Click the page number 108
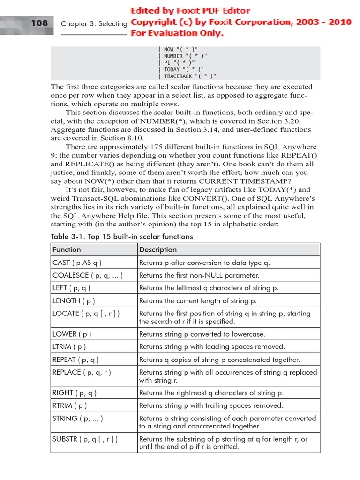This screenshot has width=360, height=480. click(39, 22)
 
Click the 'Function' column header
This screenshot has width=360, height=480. click(67, 249)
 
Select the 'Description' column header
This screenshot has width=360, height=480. click(158, 249)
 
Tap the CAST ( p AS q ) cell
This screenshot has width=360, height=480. click(77, 262)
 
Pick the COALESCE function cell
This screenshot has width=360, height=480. click(88, 275)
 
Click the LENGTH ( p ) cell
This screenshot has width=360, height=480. click(74, 301)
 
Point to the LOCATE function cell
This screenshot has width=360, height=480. click(86, 314)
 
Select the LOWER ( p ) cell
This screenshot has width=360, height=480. click(72, 334)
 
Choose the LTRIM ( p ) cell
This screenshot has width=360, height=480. click(69, 347)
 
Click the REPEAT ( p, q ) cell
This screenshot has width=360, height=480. click(75, 360)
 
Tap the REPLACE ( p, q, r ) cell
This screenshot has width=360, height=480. click(82, 372)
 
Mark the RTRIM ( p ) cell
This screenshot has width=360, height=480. click(70, 405)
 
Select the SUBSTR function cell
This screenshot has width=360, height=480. click(85, 439)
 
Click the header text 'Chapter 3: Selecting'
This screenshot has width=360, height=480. click(94, 23)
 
